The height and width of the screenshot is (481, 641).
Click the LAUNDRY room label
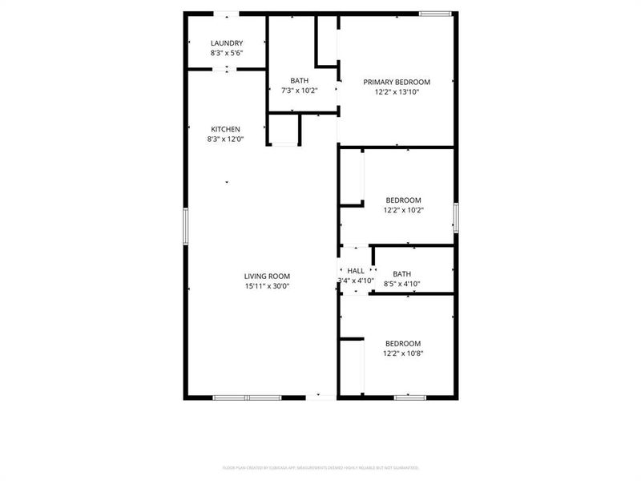coord(227,43)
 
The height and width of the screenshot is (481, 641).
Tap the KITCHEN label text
coord(225,129)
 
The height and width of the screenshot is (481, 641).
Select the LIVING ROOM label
coord(267,277)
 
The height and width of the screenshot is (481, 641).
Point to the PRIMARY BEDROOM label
coord(397,82)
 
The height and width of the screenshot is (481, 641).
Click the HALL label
coord(356,272)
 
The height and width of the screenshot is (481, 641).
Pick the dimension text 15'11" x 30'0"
coord(267,286)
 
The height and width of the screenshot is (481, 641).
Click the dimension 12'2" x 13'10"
coord(397,92)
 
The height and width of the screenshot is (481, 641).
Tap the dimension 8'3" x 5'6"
coord(227,53)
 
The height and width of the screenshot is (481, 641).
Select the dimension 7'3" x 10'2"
coord(299,91)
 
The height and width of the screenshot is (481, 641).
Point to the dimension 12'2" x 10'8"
coord(403,354)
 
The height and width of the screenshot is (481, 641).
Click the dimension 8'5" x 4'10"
coord(401,283)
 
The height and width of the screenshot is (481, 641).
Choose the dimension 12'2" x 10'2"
coord(403,210)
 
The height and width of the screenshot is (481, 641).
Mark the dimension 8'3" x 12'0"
coord(225,139)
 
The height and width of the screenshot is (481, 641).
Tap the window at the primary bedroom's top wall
coord(435,14)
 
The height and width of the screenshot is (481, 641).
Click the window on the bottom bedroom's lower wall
coord(409,397)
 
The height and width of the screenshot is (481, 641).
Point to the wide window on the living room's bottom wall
coord(247,397)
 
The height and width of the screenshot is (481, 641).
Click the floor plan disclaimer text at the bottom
coord(320,467)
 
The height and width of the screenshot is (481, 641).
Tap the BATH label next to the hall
coord(401,273)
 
